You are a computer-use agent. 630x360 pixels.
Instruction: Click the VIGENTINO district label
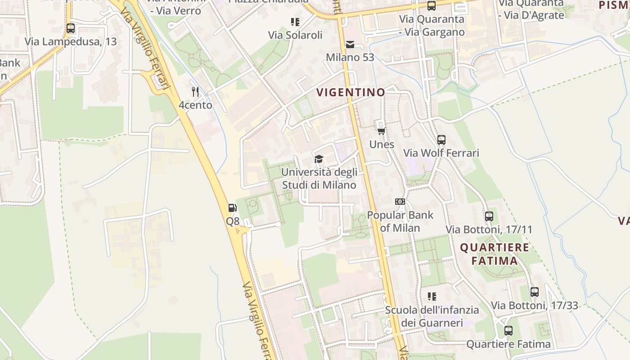point(351,93)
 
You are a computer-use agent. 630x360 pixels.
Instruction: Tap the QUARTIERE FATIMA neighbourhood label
point(495,254)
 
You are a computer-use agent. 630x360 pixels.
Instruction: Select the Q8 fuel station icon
point(233,208)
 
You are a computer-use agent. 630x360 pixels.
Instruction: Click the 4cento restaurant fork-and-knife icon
point(195,92)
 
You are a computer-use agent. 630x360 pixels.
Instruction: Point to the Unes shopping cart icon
point(382,131)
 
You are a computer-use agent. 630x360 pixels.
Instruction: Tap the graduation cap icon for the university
point(319,159)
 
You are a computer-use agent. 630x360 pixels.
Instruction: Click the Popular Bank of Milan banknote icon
point(400,202)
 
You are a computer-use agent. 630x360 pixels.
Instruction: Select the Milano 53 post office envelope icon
point(350,44)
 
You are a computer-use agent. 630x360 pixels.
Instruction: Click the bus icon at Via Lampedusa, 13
point(71,28)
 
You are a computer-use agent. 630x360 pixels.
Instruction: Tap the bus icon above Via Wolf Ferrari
point(441,140)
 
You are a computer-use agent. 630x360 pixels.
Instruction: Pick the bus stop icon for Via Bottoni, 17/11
point(489,216)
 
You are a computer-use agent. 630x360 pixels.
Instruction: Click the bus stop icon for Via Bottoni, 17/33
point(534,292)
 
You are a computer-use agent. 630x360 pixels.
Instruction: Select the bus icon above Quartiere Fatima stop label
point(508,331)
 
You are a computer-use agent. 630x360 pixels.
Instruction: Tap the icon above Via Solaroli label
point(295,22)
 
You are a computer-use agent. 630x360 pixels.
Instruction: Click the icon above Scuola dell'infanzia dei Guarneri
point(432,297)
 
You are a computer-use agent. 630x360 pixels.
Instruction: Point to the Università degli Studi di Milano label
point(319,179)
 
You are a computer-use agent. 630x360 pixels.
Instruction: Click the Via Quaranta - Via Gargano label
point(432,26)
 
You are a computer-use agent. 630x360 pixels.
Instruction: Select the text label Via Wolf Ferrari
point(441,153)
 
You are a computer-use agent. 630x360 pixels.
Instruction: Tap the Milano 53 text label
point(350,58)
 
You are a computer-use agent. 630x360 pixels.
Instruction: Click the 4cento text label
point(195,105)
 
